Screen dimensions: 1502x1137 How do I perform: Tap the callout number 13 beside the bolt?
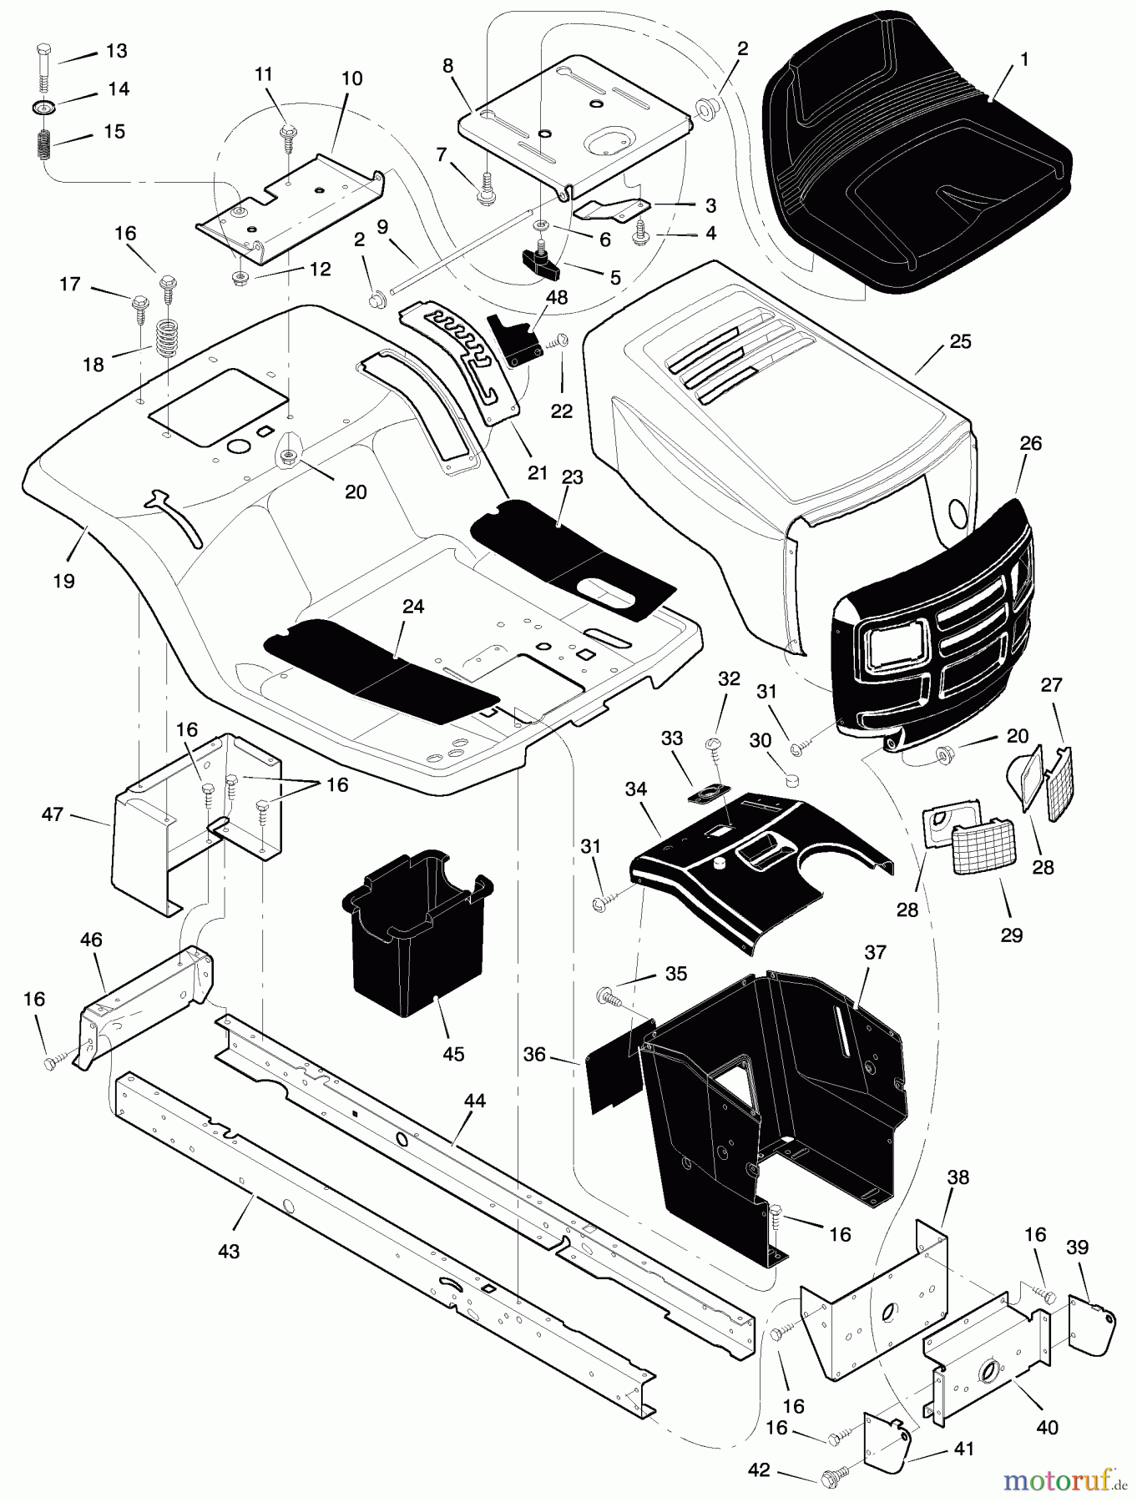[x=117, y=51]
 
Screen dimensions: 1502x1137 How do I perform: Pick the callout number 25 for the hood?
[x=960, y=341]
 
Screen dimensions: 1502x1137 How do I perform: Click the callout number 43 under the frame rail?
[x=228, y=1251]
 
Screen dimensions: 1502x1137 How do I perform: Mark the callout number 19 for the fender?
[x=63, y=581]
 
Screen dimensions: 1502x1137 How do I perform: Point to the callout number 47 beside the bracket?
[x=53, y=814]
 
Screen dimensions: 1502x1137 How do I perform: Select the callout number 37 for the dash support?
[x=875, y=952]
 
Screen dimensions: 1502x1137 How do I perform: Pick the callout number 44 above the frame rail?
[x=474, y=1102]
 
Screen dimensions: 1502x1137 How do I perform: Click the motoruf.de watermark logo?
[x=1064, y=1480]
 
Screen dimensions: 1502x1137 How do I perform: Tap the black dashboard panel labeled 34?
[x=751, y=868]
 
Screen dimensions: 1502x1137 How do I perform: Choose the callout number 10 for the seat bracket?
[x=352, y=78]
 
